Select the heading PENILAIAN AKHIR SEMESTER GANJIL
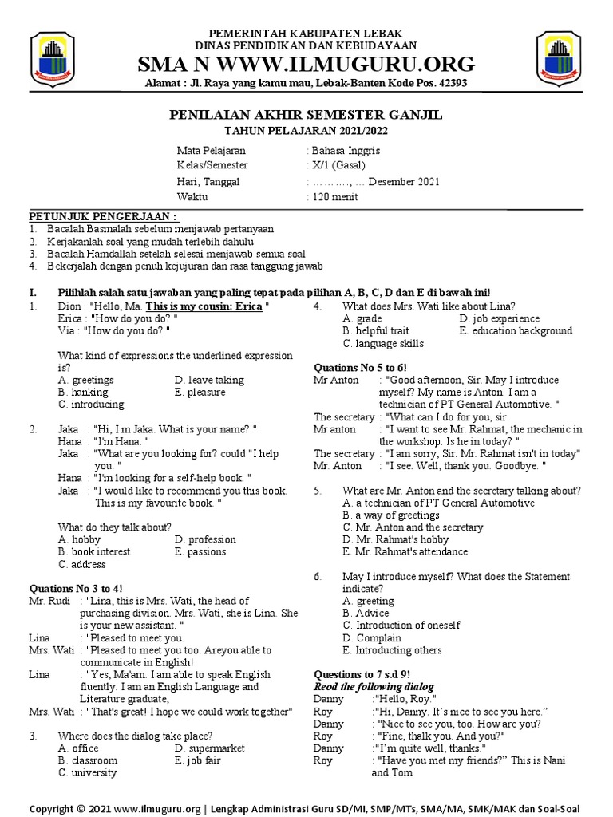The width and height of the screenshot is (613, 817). (x=306, y=116)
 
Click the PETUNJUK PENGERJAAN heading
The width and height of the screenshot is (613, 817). (x=104, y=217)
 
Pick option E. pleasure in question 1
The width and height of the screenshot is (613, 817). (x=200, y=392)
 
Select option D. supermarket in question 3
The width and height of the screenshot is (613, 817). (x=211, y=748)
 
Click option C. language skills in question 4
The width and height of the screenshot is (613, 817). (x=383, y=343)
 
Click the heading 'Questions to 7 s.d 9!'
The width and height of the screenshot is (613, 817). (x=362, y=674)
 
